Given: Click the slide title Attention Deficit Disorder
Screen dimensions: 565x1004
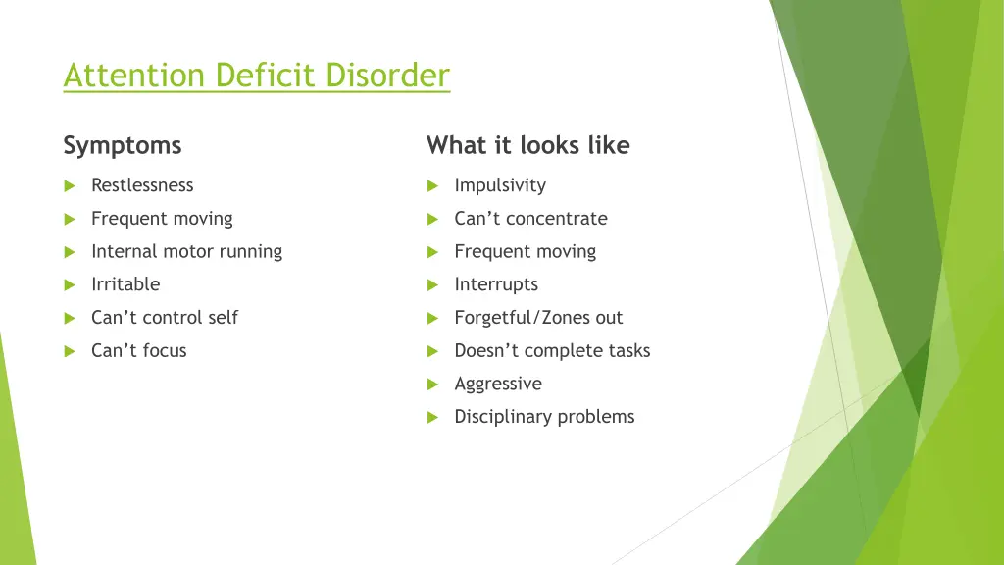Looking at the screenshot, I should (x=256, y=76).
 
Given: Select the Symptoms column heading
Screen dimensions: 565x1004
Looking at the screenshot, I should (x=123, y=146).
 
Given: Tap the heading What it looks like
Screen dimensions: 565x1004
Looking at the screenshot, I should (x=527, y=146).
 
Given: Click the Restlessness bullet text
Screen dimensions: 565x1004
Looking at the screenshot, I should (x=142, y=185).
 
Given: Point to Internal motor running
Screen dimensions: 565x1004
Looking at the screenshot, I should (x=186, y=251).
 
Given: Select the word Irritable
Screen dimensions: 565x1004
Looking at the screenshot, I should (x=125, y=284).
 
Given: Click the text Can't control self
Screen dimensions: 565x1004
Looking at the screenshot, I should (x=165, y=318).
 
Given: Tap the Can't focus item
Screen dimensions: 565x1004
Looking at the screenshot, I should (x=138, y=351).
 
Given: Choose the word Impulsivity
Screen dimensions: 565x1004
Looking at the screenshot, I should (x=500, y=185).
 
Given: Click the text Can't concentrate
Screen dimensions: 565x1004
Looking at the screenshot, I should (x=530, y=219).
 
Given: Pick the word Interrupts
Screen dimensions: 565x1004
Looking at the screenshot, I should (x=496, y=284).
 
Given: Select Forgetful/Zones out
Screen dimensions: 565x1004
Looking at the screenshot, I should (x=538, y=318).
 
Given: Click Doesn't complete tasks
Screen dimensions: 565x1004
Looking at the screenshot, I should (x=552, y=351).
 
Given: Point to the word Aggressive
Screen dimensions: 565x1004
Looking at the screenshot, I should (x=498, y=384).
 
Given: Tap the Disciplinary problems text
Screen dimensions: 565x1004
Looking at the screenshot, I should (x=544, y=417).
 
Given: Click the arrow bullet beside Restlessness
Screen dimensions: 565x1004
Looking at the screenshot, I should (x=70, y=186).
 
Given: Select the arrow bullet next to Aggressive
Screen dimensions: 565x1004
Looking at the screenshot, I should (x=432, y=385).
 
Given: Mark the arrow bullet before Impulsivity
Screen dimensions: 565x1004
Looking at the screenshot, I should (x=432, y=186).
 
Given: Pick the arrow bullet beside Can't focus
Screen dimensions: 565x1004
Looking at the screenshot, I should (x=70, y=351).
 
